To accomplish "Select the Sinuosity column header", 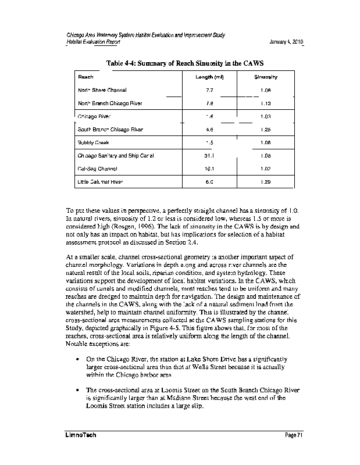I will coord(266,77).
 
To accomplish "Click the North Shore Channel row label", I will coord(102,91).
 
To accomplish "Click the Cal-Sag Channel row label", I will coord(97,169).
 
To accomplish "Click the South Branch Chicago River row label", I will coord(110,130).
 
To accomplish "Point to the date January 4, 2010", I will coord(287,43).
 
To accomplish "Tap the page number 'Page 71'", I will coord(294,435).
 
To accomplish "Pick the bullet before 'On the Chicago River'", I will coord(77,360).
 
